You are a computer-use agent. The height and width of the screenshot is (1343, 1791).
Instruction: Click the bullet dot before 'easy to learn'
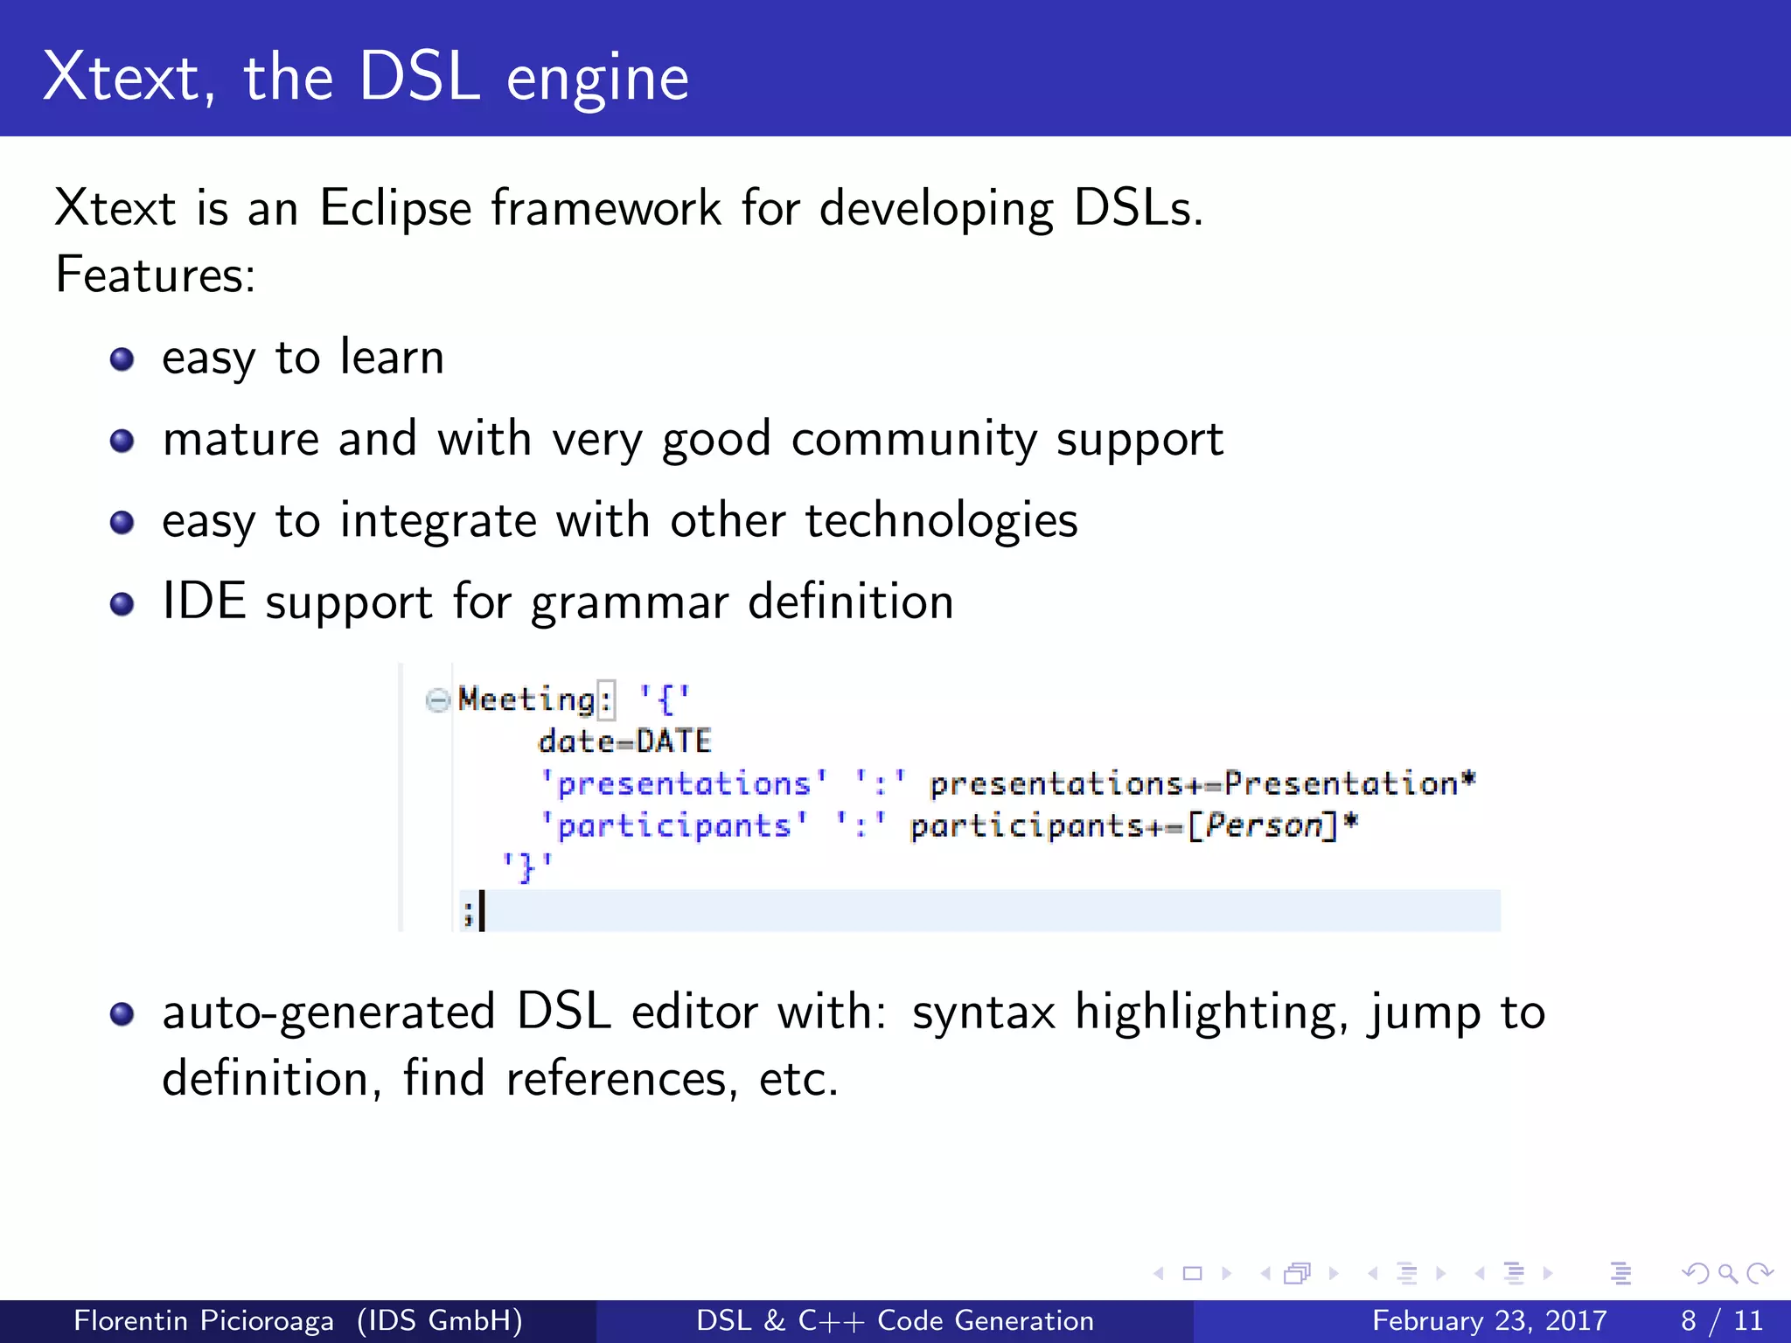[x=122, y=359]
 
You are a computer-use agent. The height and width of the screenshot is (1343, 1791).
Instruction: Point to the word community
[x=913, y=439]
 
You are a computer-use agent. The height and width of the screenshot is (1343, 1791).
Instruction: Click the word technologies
[x=941, y=520]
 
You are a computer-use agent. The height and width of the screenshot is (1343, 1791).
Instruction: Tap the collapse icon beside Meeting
[x=437, y=699]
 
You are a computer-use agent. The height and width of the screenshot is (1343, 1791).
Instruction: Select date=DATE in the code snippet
[x=624, y=741]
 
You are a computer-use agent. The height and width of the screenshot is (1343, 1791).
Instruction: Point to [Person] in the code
[x=1263, y=825]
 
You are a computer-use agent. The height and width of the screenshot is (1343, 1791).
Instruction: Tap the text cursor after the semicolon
[x=482, y=911]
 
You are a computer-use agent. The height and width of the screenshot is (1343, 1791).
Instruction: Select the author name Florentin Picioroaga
[x=203, y=1320]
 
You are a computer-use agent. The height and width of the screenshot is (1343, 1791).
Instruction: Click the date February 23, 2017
[x=1489, y=1320]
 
